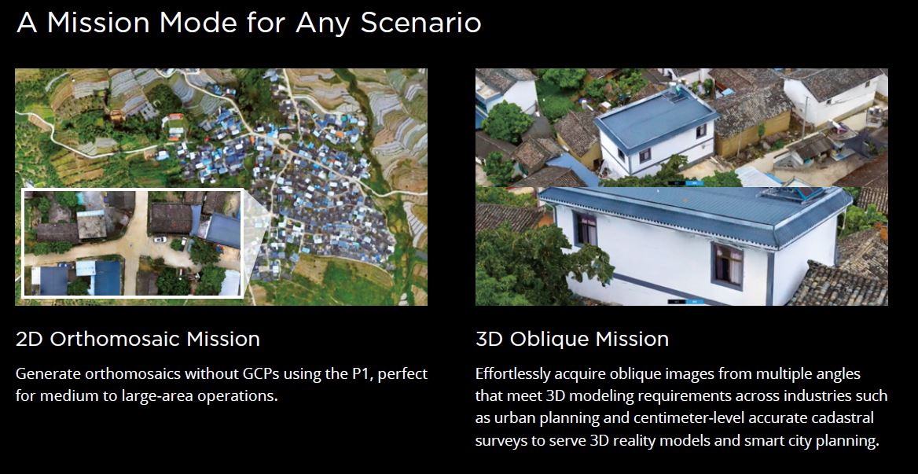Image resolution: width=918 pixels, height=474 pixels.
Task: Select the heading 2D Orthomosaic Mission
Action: [138, 339]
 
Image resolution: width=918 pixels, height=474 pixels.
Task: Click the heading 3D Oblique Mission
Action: [572, 339]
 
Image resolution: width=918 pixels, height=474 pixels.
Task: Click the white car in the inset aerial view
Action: [160, 239]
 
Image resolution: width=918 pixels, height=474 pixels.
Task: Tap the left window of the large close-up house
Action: [586, 229]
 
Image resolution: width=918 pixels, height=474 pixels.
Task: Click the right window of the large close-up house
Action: [728, 265]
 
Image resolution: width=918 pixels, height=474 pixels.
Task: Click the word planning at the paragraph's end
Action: [848, 441]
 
